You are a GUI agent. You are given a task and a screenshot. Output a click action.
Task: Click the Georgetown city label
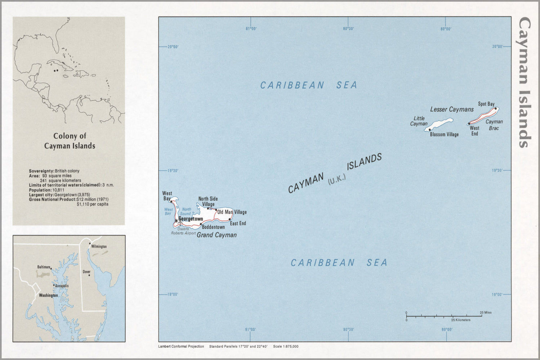tap(191, 219)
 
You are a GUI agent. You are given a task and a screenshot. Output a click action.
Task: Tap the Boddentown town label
tap(213, 227)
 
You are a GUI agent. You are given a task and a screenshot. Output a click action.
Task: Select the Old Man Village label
tap(232, 212)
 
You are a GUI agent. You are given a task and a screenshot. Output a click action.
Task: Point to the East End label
tap(238, 224)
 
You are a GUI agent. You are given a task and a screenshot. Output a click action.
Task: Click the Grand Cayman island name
tap(217, 235)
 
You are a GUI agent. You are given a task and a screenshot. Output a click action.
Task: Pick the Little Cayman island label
tap(419, 121)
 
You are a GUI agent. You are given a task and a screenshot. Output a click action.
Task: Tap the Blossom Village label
tap(444, 135)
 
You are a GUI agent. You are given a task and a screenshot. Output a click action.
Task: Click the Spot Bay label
tap(486, 104)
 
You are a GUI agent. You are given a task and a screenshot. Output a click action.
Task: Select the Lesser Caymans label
tap(452, 109)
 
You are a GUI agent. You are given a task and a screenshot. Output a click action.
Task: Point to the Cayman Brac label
tap(494, 125)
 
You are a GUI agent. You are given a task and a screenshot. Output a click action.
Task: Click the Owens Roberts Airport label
tap(183, 231)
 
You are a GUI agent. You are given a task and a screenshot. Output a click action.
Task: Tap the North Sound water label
tap(186, 211)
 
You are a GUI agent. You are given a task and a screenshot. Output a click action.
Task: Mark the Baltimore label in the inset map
tap(44, 267)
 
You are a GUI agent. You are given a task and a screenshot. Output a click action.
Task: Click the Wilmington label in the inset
tap(99, 247)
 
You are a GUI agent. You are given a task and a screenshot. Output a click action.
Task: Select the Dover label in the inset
tap(86, 272)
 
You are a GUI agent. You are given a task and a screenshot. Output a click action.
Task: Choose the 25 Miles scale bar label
tap(485, 312)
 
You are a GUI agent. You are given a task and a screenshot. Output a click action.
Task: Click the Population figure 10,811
tap(58, 190)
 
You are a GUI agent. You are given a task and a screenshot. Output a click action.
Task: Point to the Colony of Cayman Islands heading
tap(70, 141)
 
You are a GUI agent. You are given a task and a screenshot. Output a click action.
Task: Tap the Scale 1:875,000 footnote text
tap(286, 347)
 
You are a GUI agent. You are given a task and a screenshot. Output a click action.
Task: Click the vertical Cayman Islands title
tap(525, 82)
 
